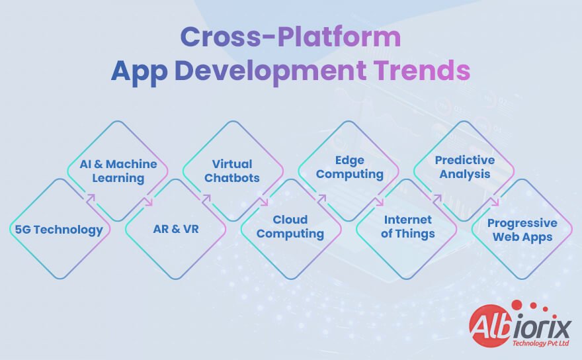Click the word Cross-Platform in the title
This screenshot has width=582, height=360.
click(x=290, y=37)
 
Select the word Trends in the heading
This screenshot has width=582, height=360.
click(x=422, y=70)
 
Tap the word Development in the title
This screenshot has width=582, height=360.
click(x=270, y=71)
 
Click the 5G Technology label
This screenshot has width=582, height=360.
click(x=59, y=230)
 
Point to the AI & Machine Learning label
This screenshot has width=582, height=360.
click(x=118, y=171)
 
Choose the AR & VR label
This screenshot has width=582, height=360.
click(x=176, y=229)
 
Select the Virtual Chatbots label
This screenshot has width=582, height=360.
click(x=232, y=171)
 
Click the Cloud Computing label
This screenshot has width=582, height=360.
click(x=290, y=226)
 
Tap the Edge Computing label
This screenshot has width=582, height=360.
click(x=350, y=167)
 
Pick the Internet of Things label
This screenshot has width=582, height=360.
click(x=407, y=226)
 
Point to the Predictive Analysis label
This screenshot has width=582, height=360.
click(x=465, y=167)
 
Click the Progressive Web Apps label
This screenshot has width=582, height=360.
click(x=522, y=230)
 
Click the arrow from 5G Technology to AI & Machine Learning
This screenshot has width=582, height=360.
click(x=90, y=199)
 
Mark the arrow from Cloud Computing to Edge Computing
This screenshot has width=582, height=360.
click(x=321, y=199)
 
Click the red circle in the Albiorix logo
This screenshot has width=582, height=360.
click(x=491, y=326)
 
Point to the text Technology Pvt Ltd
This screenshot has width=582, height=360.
click(x=540, y=343)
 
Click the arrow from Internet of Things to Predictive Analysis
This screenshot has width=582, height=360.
click(x=436, y=199)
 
